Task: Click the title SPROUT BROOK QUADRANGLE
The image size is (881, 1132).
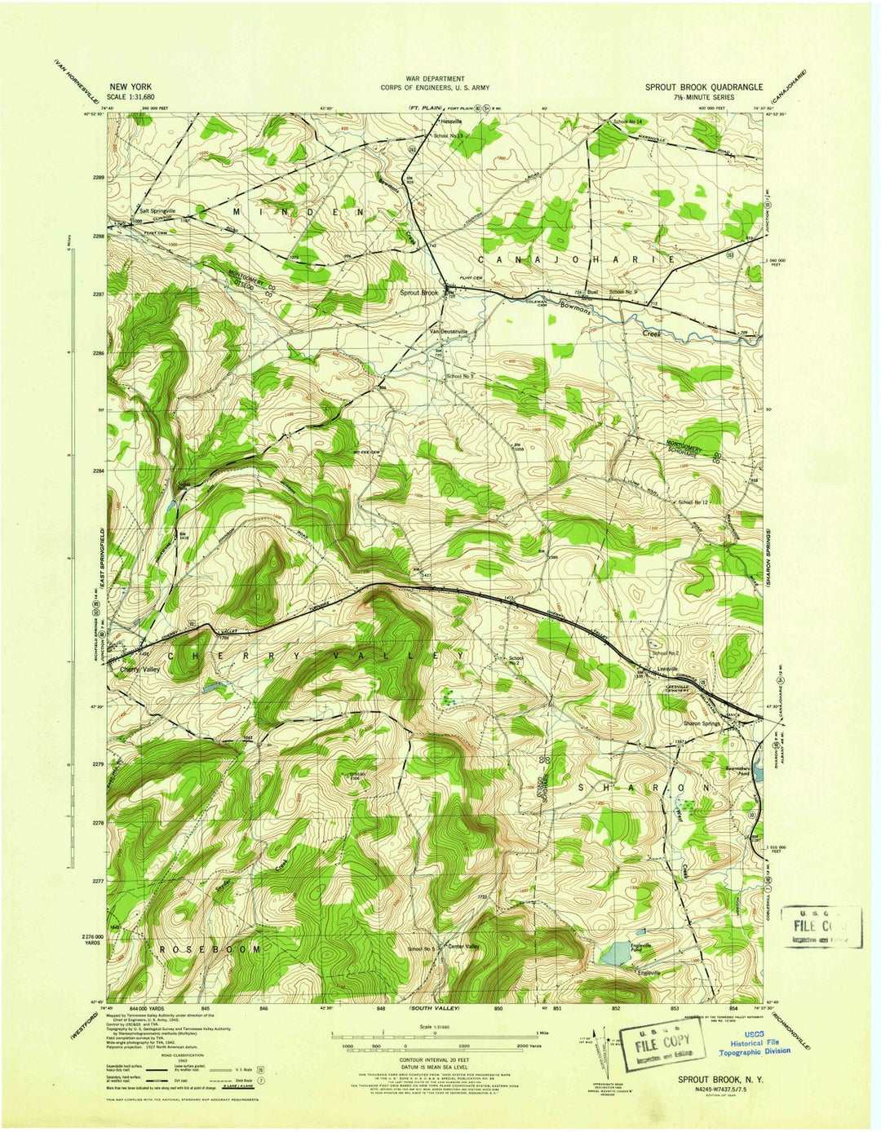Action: coord(704,86)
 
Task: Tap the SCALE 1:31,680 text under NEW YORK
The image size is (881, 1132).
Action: coord(135,96)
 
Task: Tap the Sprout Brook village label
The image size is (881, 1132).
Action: coord(418,293)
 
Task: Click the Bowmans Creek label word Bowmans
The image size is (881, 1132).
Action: coord(580,307)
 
